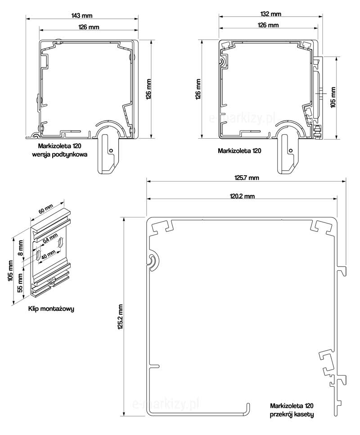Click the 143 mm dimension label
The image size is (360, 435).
click(x=82, y=15)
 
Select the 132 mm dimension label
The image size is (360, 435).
click(x=270, y=14)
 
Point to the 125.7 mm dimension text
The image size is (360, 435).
click(x=247, y=178)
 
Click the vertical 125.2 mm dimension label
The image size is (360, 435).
click(x=120, y=317)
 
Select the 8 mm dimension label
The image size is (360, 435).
click(x=20, y=246)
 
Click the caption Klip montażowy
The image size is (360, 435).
click(x=51, y=309)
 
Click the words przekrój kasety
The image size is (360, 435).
click(x=292, y=414)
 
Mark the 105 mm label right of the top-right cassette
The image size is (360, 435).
click(x=333, y=97)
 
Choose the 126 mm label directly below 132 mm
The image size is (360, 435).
click(x=268, y=25)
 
